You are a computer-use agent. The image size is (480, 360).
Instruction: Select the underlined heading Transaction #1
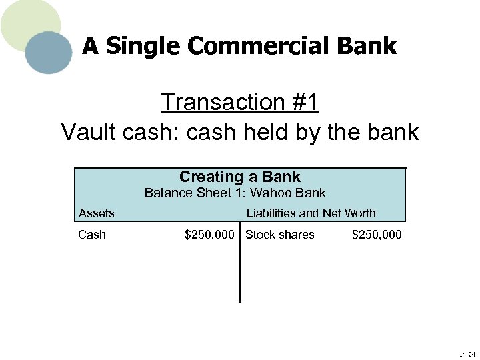[x=240, y=102]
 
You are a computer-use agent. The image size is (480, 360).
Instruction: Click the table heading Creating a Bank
[x=240, y=177]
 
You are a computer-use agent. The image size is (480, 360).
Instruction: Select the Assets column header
[x=97, y=213]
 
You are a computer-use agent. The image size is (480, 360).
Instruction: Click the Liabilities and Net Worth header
[x=311, y=213]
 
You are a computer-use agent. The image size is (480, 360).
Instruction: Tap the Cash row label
[x=92, y=235]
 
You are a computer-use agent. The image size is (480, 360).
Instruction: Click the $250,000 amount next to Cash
[x=209, y=235]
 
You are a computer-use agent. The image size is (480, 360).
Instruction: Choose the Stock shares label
[x=280, y=235]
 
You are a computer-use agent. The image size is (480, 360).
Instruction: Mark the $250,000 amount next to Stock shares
[x=377, y=235]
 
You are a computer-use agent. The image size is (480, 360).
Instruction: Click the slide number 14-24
[x=467, y=354]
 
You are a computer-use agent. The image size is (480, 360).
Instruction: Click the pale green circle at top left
[x=27, y=20]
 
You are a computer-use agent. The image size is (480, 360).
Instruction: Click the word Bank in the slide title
[x=371, y=46]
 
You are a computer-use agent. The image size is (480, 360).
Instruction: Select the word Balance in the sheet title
[x=165, y=193]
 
